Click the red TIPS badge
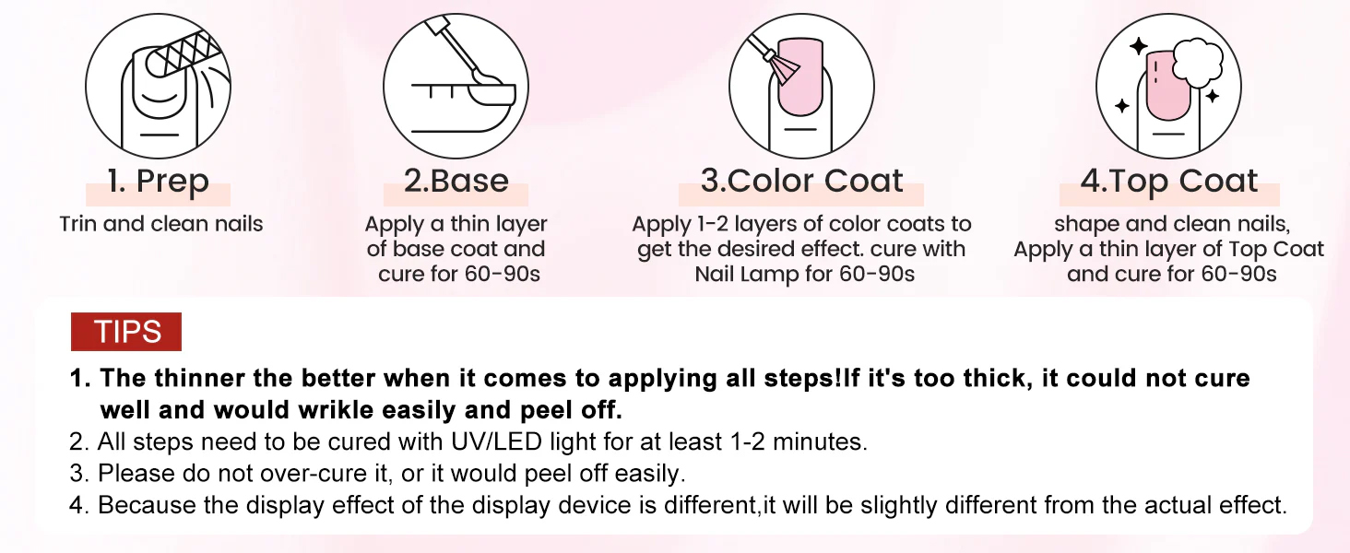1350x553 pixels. [126, 331]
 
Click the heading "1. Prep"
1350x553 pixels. [158, 182]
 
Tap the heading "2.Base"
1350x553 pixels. [456, 180]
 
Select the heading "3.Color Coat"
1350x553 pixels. [801, 180]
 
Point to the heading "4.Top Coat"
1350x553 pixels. [1169, 182]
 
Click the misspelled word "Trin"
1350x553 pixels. [77, 224]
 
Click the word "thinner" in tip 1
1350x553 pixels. [199, 378]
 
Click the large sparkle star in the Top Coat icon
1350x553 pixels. [1139, 46]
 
